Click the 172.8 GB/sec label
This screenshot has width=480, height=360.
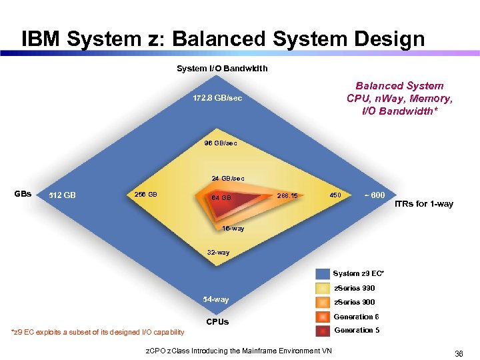[x=213, y=99]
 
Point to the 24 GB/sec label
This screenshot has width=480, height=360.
[x=228, y=179]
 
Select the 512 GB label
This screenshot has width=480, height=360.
[x=63, y=195]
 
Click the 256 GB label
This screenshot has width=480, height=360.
[x=146, y=195]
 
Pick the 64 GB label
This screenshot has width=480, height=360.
[x=221, y=198]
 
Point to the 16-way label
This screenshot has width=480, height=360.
[x=233, y=229]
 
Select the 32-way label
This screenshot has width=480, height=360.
[x=218, y=253]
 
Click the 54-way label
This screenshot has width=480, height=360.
[x=216, y=300]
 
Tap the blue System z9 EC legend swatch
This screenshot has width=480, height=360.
[x=323, y=274]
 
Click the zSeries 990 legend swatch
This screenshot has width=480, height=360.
[x=323, y=288]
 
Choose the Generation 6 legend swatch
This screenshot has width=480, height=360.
[x=323, y=317]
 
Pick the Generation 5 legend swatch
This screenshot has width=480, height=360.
[x=323, y=331]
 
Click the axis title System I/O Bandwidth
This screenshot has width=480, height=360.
[x=222, y=68]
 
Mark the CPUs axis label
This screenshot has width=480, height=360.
[x=217, y=322]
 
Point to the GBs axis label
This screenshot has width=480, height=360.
[x=23, y=194]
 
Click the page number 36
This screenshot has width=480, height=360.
[x=459, y=354]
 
